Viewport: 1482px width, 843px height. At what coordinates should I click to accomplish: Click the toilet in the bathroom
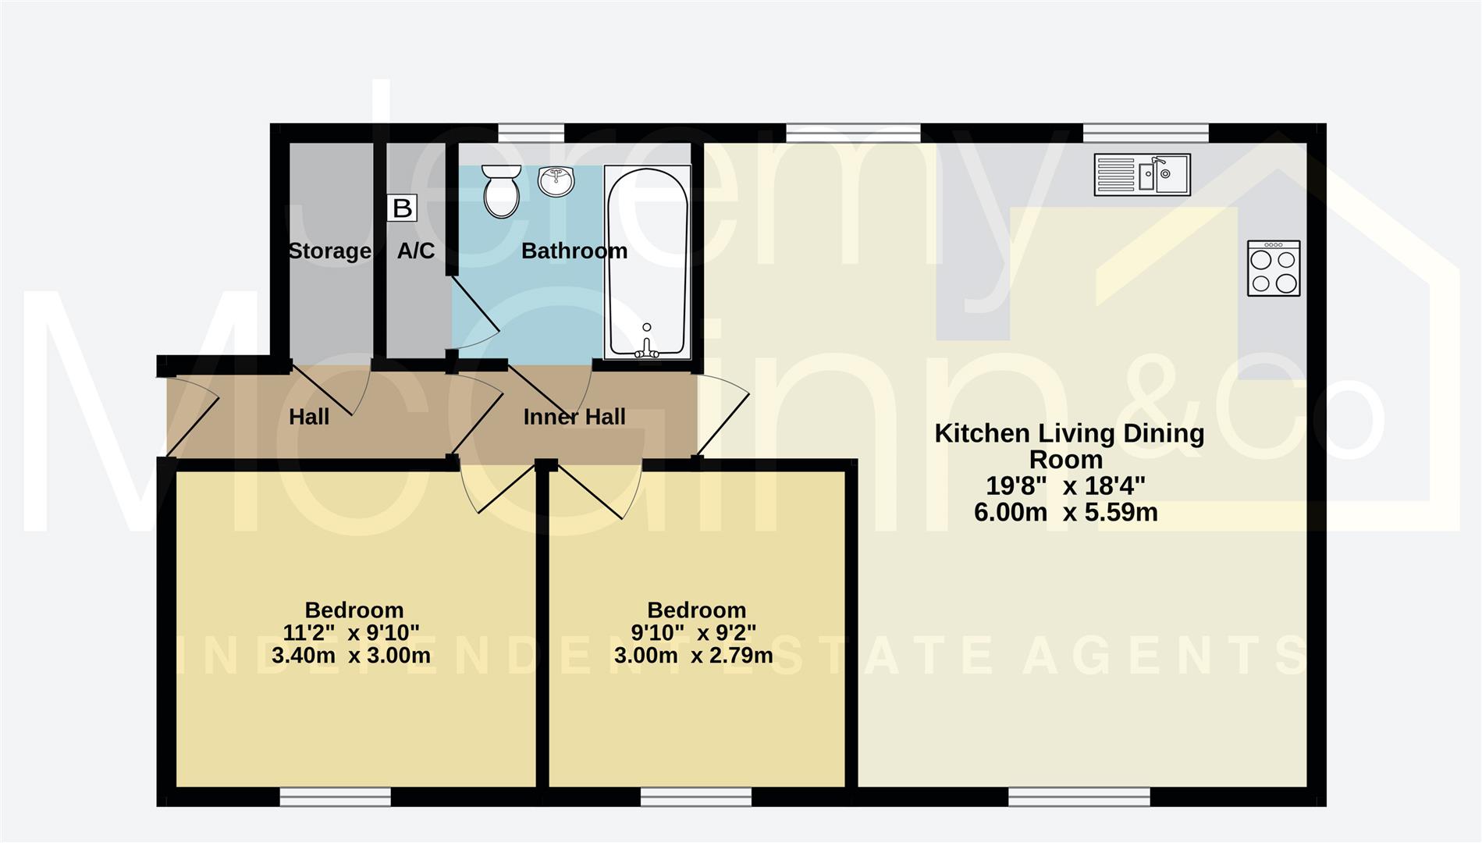pos(501,191)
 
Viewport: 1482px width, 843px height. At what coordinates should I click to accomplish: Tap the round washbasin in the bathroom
pos(556,182)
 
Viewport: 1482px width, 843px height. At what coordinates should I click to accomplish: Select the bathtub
pos(648,262)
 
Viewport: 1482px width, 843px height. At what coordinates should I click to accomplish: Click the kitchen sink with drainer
pos(1142,174)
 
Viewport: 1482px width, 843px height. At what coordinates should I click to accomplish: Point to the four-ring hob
pos(1273,269)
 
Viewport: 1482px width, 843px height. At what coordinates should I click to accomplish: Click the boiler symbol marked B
pos(402,208)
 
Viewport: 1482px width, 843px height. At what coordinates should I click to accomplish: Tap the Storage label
pos(329,251)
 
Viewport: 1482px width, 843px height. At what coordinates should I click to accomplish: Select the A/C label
pos(416,251)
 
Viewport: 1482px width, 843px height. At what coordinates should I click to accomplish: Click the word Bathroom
pos(574,251)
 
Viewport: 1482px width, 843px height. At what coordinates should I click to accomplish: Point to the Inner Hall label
pos(574,417)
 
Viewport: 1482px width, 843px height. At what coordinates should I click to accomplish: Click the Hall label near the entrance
pos(309,417)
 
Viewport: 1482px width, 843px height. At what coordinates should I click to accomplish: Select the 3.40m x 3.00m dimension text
pos(351,656)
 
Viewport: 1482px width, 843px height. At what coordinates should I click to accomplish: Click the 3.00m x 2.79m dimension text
pos(693,656)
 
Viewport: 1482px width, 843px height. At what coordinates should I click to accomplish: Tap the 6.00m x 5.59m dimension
pos(1065,513)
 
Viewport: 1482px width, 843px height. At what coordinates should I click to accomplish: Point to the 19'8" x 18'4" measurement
pos(1065,486)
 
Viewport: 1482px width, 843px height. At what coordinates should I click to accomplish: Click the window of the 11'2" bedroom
pos(335,797)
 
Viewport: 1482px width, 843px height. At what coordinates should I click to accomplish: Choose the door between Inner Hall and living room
pos(723,418)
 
